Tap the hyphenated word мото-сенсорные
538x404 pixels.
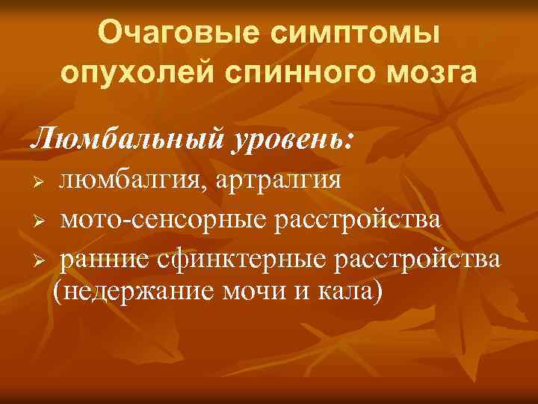(x=166, y=221)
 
